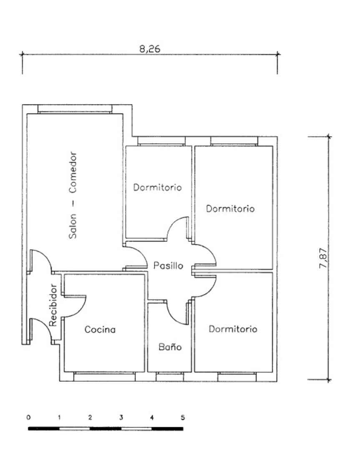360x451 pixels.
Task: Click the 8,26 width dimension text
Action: pyautogui.click(x=149, y=48)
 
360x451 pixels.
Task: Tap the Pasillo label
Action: pyautogui.click(x=168, y=266)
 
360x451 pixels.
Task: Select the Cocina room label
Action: pyautogui.click(x=100, y=329)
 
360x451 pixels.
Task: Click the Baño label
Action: pyautogui.click(x=170, y=347)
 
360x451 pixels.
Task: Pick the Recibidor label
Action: pyautogui.click(x=53, y=305)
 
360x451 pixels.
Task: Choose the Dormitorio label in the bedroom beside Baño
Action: pyautogui.click(x=233, y=329)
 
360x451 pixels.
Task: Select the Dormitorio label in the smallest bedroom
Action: pyautogui.click(x=157, y=187)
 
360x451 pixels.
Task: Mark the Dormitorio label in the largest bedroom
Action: pyautogui.click(x=230, y=208)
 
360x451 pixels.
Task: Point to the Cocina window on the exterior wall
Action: pyautogui.click(x=104, y=377)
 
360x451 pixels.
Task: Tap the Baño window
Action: pyautogui.click(x=170, y=377)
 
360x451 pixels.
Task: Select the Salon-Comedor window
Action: pyautogui.click(x=75, y=109)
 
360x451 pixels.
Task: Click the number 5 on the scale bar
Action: pyautogui.click(x=182, y=417)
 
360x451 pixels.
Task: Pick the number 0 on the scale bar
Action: pyautogui.click(x=28, y=417)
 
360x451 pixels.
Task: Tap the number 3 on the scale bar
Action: pyautogui.click(x=121, y=417)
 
